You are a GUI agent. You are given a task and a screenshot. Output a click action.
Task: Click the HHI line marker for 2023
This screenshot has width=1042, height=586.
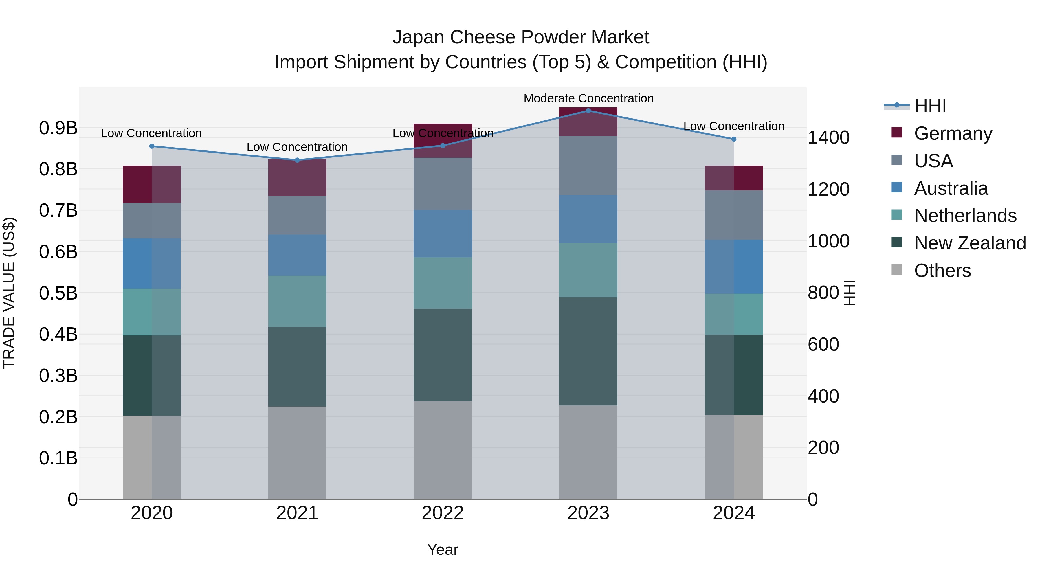(588, 111)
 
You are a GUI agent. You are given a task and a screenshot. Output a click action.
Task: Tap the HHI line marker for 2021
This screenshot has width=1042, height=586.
(297, 160)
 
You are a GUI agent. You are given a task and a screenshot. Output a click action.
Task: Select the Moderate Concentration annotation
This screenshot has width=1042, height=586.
(588, 98)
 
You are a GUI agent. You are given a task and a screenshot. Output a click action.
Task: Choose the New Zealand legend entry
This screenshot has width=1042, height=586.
(970, 243)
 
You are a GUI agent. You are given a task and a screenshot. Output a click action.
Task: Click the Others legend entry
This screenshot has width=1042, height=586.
(942, 271)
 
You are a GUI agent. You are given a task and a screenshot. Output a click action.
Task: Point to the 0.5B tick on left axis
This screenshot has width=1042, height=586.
(58, 293)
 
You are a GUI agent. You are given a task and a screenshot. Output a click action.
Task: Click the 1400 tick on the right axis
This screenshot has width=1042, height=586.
(828, 137)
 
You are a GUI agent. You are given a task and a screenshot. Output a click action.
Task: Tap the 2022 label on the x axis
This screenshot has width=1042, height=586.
(443, 513)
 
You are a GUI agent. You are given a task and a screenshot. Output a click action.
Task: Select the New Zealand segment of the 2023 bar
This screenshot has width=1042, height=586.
(588, 351)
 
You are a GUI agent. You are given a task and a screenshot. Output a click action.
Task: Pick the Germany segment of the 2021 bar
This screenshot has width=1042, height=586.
(297, 178)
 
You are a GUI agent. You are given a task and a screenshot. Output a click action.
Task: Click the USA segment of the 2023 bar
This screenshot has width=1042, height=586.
(588, 166)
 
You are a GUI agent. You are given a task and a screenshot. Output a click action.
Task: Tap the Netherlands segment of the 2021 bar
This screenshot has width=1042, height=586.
(297, 301)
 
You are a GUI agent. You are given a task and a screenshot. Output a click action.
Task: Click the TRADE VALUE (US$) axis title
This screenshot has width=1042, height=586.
(9, 293)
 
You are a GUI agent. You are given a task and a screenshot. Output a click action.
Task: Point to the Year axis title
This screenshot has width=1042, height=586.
(443, 550)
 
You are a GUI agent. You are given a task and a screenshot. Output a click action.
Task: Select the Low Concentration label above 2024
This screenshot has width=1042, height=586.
(733, 126)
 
